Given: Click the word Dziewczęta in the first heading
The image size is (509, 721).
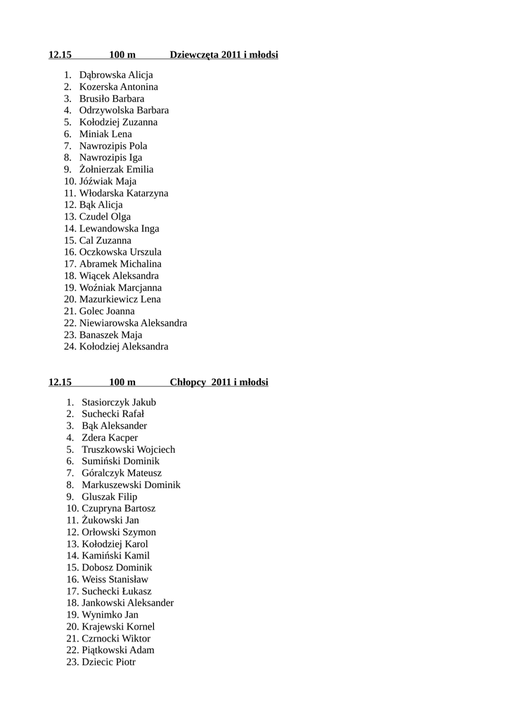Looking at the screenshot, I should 194,55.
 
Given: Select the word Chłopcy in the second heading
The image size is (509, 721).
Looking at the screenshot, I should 188,382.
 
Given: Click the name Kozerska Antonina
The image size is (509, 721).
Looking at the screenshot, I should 118,87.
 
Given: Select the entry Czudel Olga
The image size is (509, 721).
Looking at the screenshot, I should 105,217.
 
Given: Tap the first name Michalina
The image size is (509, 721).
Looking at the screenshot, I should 141,264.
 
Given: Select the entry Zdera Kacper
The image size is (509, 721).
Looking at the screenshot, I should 110,438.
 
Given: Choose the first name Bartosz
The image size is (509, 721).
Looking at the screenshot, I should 139,508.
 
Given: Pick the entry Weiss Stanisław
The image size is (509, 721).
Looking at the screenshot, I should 115,579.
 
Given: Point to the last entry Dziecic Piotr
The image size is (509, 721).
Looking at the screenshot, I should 108,662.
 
